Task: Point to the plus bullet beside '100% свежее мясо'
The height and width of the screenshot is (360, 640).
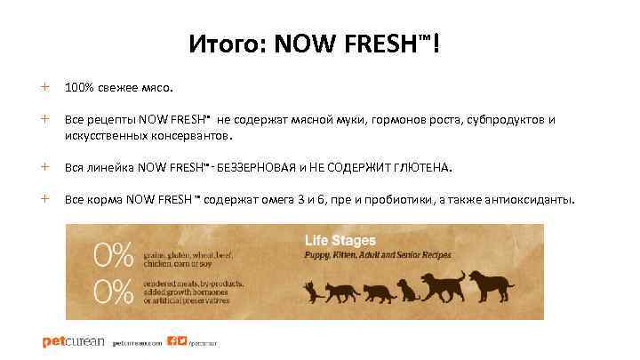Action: [44, 88]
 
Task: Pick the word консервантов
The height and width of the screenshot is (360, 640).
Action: [188, 136]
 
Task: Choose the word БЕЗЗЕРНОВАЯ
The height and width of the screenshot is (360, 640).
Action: [257, 167]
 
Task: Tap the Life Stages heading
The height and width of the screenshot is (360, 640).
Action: [340, 240]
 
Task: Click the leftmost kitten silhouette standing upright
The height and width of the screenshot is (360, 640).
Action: [311, 290]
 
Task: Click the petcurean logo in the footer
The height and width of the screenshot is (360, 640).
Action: [73, 341]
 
